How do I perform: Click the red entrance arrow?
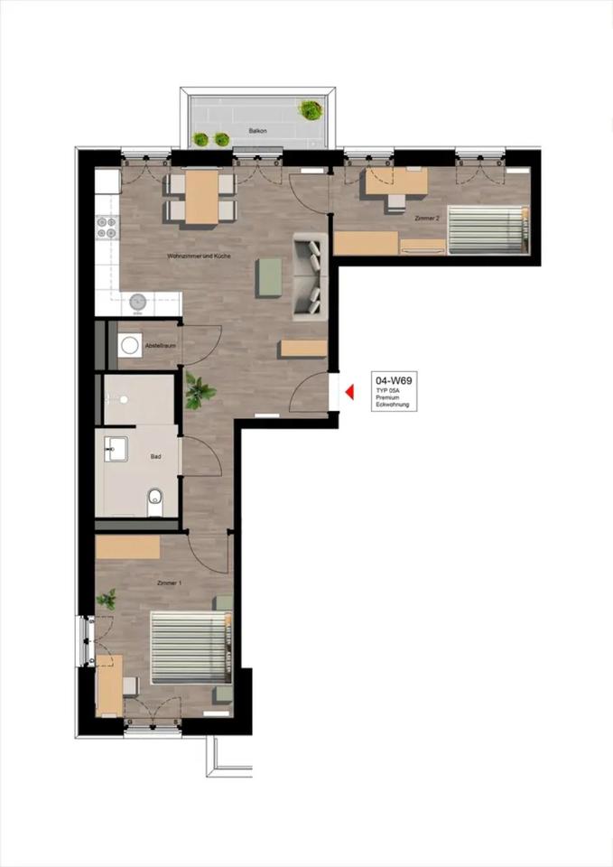[x=348, y=393]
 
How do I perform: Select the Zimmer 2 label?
[x=426, y=219]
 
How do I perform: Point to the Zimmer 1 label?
[x=170, y=583]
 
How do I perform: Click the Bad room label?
[x=156, y=457]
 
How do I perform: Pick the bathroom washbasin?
[x=115, y=447]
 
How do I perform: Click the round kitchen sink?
[x=139, y=302]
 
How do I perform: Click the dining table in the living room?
[x=200, y=197]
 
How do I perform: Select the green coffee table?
[x=269, y=277]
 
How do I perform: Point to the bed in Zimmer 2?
[x=486, y=228]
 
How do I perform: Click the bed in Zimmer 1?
[x=190, y=648]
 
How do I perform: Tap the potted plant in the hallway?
[x=199, y=392]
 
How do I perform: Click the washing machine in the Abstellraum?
[x=130, y=345]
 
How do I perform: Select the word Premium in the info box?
[x=390, y=397]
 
